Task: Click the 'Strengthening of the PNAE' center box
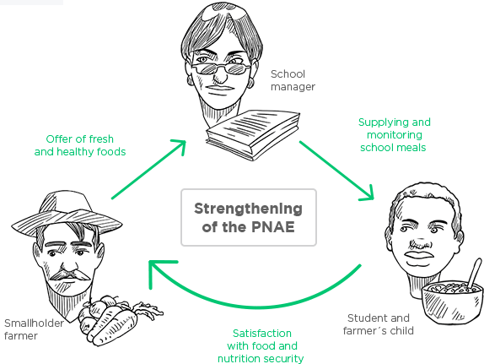click(x=249, y=217)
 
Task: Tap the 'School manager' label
click(x=293, y=80)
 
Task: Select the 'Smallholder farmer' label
click(x=34, y=329)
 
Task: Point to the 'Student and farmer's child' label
click(x=378, y=324)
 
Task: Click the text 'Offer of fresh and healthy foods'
click(x=80, y=145)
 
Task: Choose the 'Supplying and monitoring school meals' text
click(x=394, y=135)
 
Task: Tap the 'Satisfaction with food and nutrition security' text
click(x=261, y=345)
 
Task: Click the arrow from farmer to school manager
click(x=148, y=169)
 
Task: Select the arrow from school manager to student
click(x=336, y=171)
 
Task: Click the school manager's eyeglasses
click(x=220, y=68)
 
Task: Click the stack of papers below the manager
click(x=253, y=134)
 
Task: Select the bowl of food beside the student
click(x=453, y=302)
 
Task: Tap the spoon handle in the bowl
click(x=475, y=273)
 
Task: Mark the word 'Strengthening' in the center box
click(x=248, y=209)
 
